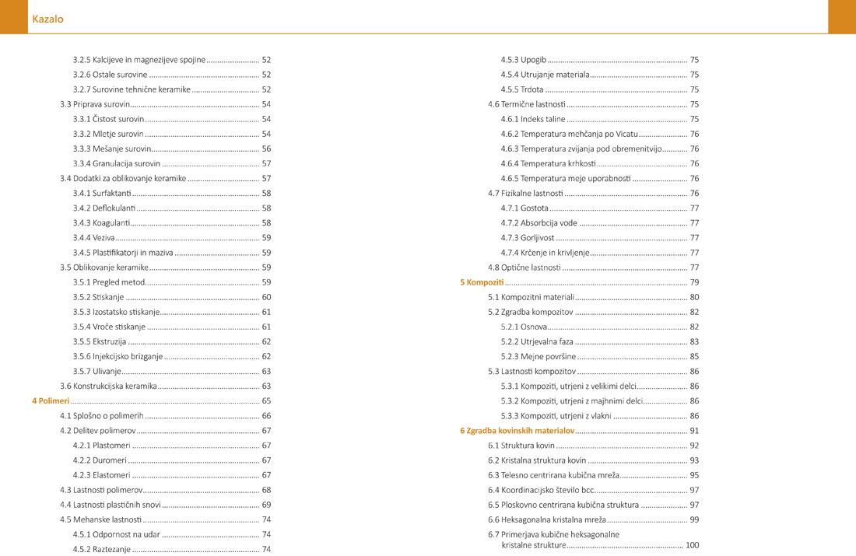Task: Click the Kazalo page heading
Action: (47, 19)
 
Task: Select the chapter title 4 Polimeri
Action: (51, 401)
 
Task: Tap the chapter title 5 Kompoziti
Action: (482, 282)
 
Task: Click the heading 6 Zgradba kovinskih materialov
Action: (517, 431)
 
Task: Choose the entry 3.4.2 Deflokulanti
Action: (103, 208)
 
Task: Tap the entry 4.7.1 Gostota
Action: (524, 208)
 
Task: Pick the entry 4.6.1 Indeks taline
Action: (533, 120)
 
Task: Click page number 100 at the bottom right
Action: (692, 546)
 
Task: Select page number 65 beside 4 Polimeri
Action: (266, 401)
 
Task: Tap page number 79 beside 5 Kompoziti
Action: (694, 282)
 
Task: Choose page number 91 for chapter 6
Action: (694, 431)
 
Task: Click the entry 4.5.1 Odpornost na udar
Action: (111, 535)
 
